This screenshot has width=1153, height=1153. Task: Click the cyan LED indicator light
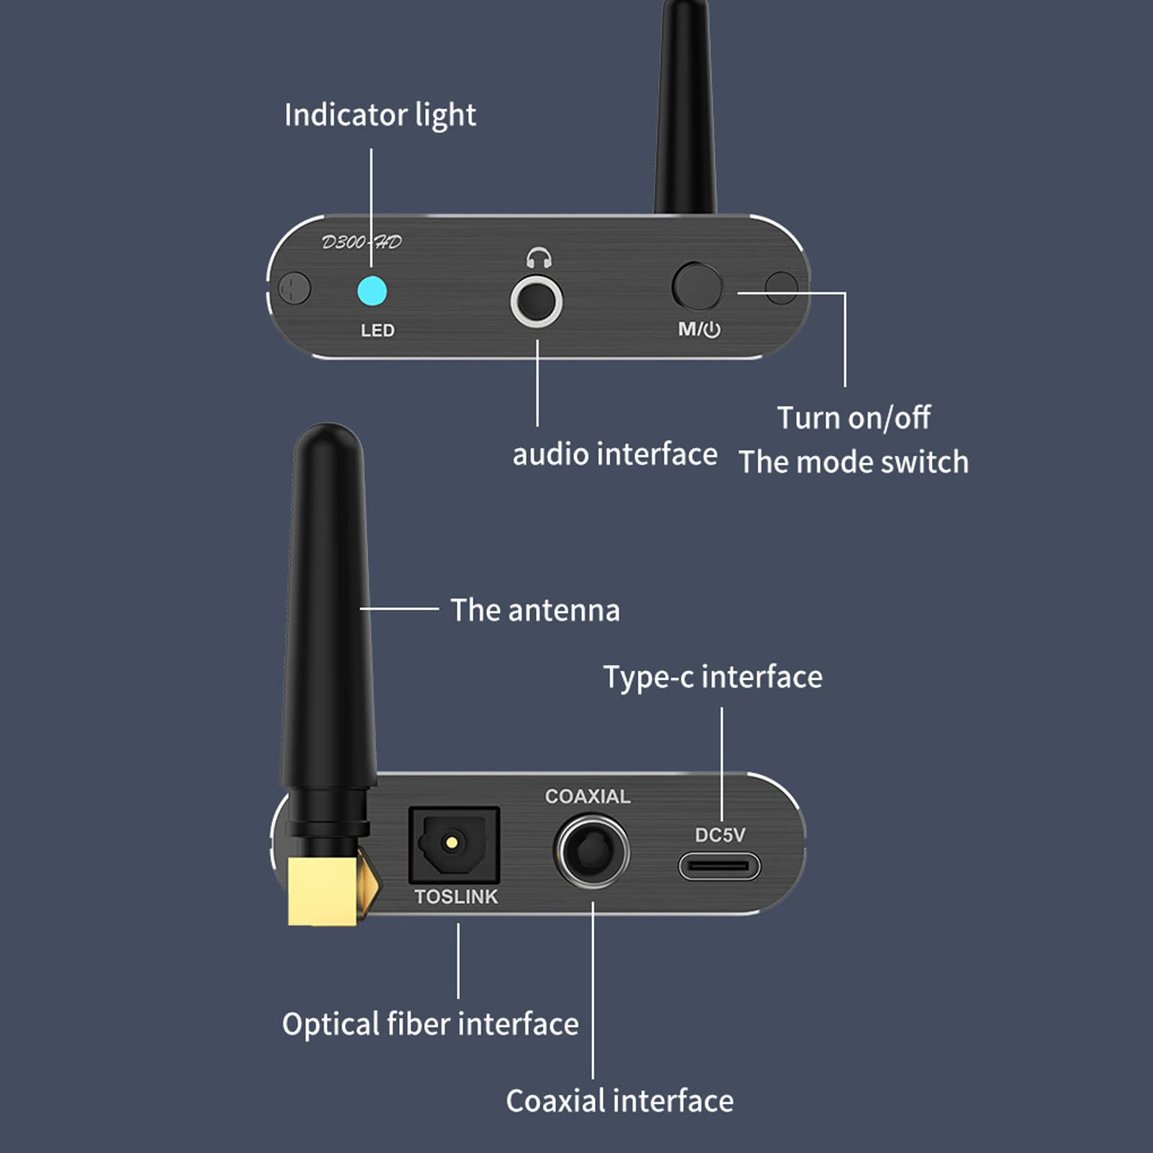pos(372,291)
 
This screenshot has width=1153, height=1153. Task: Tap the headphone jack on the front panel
pos(537,302)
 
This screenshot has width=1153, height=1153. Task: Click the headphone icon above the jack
pos(539,257)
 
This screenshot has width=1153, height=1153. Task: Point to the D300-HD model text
pos(362,242)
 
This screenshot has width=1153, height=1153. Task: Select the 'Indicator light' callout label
pos(380,115)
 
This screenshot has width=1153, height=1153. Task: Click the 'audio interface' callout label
pos(614,454)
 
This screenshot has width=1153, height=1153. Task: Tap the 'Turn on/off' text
pos(853,418)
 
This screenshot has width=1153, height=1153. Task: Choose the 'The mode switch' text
pos(853,462)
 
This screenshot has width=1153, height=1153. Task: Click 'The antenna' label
pos(535,610)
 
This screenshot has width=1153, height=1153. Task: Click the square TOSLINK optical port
pos(454,845)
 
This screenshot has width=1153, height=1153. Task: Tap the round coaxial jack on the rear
pos(592,851)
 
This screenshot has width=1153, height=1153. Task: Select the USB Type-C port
pos(719,866)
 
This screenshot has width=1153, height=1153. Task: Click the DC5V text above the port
pos(719,835)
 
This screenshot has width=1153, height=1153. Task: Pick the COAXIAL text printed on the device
pos(588,796)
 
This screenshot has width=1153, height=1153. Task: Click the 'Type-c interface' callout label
pos(712,677)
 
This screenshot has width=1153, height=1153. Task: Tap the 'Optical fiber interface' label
pos(430,1024)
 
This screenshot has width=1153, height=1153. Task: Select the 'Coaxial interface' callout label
pos(619,1101)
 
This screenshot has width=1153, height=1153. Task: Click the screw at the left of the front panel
pos(295,289)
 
